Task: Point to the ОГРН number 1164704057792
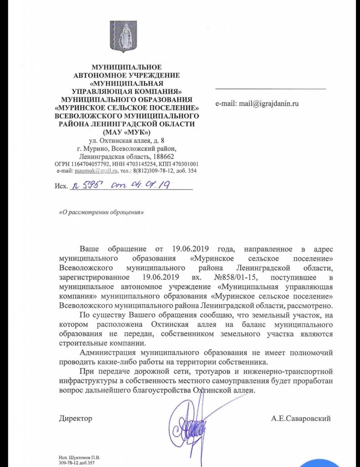(95, 164)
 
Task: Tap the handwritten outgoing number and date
(121, 185)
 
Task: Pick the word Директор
(75, 418)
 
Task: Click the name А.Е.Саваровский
(300, 418)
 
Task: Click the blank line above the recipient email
(271, 88)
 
